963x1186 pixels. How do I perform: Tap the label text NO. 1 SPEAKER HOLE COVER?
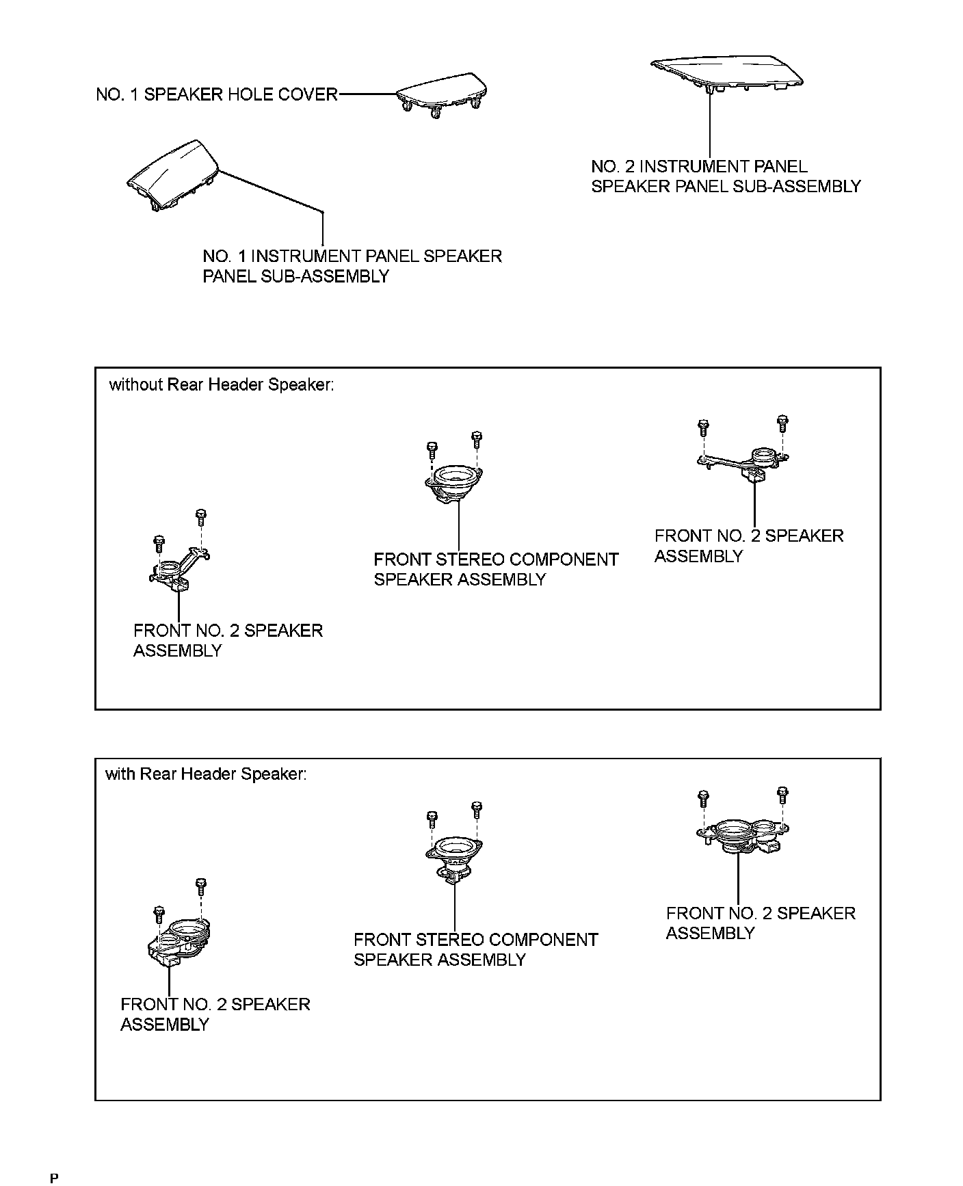click(x=217, y=94)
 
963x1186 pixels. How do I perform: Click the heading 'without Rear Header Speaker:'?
click(x=222, y=385)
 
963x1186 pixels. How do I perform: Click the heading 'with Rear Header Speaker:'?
click(x=206, y=774)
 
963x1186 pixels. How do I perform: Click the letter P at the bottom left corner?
click(x=54, y=1177)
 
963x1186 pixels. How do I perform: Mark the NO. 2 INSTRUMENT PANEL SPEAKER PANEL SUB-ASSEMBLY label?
click(x=725, y=176)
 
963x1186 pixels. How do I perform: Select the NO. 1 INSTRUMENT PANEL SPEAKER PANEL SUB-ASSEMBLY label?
click(x=352, y=266)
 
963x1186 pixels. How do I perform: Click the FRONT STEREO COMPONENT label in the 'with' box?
click(x=475, y=949)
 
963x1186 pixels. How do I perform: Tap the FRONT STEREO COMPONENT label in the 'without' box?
click(x=495, y=569)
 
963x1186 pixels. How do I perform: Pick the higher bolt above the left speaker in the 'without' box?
click(x=201, y=515)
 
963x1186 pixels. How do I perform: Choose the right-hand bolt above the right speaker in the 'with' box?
click(x=783, y=795)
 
